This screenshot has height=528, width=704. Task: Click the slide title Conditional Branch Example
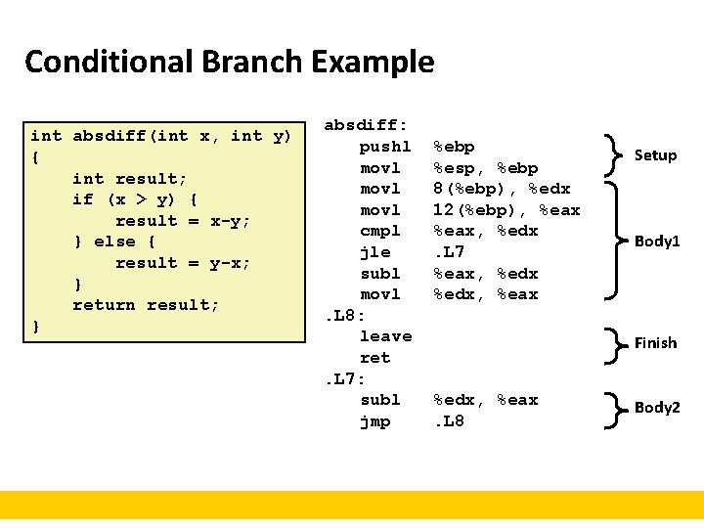[229, 62]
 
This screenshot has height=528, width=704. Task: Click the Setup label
[655, 154]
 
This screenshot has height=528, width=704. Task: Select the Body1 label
[657, 241]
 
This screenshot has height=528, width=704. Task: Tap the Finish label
[655, 342]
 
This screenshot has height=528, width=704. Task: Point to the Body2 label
[657, 408]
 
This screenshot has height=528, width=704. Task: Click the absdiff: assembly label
[366, 125]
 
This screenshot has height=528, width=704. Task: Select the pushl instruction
[386, 147]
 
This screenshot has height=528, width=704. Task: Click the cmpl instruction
[380, 231]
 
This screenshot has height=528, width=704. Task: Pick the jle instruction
[375, 252]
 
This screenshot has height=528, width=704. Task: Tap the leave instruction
[386, 336]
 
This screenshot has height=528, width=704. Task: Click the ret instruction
[375, 358]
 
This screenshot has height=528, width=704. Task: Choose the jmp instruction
[375, 421]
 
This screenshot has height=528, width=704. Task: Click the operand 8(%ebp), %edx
[502, 189]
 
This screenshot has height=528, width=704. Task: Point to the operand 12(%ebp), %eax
[506, 210]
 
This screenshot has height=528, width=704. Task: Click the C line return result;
[146, 305]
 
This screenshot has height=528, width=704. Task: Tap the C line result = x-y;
[183, 221]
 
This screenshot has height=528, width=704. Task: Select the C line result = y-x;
[183, 263]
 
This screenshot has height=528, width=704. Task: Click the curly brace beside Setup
[614, 154]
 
